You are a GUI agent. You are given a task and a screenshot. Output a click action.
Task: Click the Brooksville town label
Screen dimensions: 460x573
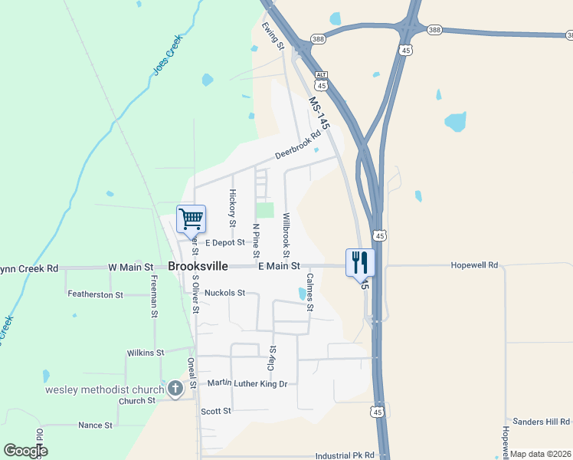pos(198,266)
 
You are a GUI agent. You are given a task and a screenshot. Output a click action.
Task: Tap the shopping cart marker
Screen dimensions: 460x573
pos(191,219)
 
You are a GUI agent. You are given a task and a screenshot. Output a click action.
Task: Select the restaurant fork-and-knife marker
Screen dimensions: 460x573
pos(359,262)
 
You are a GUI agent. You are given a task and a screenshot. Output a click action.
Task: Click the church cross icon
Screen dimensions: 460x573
pos(175,389)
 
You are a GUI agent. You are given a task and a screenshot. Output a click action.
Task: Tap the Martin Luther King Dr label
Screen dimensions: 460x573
pos(247,383)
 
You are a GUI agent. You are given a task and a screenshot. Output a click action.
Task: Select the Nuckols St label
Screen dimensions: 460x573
pos(219,293)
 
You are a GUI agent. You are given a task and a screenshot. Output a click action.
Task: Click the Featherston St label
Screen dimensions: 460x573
pos(95,294)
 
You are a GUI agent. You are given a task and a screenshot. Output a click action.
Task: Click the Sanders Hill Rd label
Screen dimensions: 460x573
pos(542,422)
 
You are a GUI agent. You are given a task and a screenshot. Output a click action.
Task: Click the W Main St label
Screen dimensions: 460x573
pos(130,267)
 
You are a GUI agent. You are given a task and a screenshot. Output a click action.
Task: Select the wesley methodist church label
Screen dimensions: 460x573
pos(104,389)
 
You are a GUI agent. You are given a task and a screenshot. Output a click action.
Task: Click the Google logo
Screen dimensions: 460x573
pos(26,451)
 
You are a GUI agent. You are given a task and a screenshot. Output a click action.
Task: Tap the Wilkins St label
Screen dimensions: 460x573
pos(146,353)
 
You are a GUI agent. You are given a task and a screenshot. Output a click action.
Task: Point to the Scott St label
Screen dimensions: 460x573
pos(216,411)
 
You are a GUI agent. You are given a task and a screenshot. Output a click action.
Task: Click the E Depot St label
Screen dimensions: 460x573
pos(224,242)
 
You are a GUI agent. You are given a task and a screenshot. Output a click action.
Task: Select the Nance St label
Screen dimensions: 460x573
pos(95,425)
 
